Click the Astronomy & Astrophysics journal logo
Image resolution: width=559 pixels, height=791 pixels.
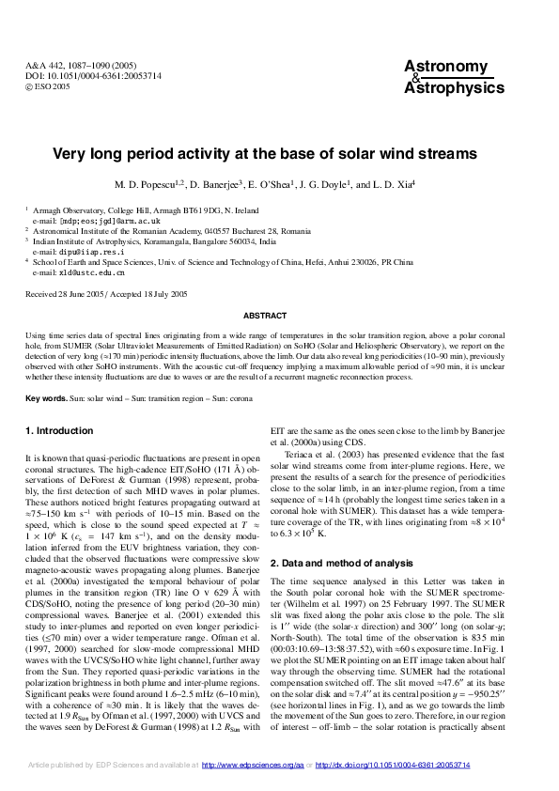446,76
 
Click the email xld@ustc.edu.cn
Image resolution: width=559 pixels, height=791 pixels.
78,272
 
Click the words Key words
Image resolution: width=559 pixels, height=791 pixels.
46,399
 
